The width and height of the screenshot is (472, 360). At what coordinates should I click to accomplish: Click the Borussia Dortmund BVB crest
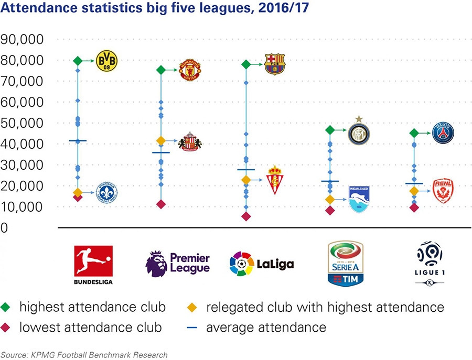(106, 61)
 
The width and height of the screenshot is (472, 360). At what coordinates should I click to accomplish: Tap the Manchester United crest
(189, 70)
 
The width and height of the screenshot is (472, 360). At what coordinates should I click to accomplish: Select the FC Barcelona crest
(275, 63)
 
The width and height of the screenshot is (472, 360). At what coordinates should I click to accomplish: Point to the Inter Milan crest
(359, 133)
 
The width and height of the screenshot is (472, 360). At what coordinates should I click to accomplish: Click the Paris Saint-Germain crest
(443, 133)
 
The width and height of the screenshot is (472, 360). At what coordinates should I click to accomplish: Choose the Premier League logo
(178, 264)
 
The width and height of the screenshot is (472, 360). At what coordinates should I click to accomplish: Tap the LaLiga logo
(261, 264)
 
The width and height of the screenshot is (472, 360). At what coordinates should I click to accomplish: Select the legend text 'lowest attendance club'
(91, 328)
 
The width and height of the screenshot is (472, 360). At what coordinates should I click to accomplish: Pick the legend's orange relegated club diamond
(193, 307)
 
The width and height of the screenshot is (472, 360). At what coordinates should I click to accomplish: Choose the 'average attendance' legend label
(266, 328)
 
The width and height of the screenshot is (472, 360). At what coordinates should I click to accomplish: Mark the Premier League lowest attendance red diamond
(161, 204)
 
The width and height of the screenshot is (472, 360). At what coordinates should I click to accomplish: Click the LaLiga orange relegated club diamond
(245, 180)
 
